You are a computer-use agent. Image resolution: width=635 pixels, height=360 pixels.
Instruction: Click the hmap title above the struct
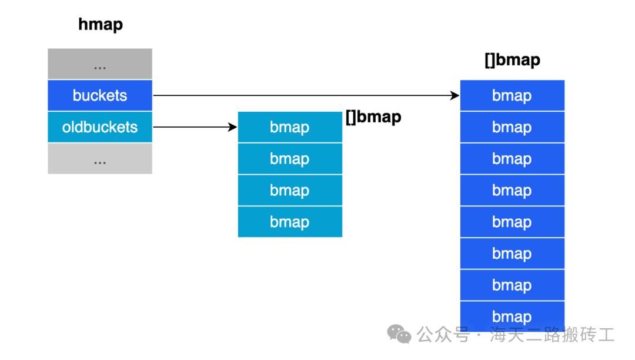tap(101, 24)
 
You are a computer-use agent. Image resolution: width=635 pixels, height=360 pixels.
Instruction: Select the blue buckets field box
tap(100, 95)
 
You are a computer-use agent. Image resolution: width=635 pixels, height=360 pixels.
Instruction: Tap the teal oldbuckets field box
tap(100, 127)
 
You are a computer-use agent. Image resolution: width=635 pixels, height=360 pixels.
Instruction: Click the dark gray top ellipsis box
tap(100, 64)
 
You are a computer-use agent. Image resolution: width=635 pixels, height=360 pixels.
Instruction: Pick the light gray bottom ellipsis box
tap(100, 159)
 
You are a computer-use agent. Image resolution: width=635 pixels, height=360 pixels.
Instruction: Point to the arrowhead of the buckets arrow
tap(455, 95)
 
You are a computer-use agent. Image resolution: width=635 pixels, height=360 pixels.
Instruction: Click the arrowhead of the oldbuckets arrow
tap(233, 127)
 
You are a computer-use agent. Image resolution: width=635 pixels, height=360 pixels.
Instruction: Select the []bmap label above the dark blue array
tap(512, 60)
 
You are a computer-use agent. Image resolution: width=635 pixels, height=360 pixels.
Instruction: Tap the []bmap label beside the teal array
tap(373, 116)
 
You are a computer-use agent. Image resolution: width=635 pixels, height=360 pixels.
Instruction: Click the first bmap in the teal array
tap(290, 127)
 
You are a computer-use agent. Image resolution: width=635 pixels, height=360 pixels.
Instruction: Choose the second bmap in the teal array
tap(290, 159)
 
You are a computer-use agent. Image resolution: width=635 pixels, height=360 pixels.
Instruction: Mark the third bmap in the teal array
tap(290, 191)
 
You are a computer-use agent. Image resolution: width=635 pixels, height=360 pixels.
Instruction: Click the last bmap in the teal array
tap(290, 222)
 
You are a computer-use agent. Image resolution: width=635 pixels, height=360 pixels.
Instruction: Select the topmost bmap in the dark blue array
tap(512, 95)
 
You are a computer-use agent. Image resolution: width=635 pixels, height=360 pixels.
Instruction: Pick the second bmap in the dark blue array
tap(512, 127)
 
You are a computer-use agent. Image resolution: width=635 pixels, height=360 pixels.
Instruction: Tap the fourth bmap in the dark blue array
tap(512, 191)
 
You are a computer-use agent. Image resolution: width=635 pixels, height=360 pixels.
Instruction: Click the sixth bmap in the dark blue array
tap(512, 254)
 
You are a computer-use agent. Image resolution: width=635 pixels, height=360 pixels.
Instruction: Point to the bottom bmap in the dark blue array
tap(512, 316)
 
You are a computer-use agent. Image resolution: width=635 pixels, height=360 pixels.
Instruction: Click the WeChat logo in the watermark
tap(399, 334)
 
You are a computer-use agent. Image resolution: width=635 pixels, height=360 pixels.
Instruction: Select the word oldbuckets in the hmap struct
tap(100, 127)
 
